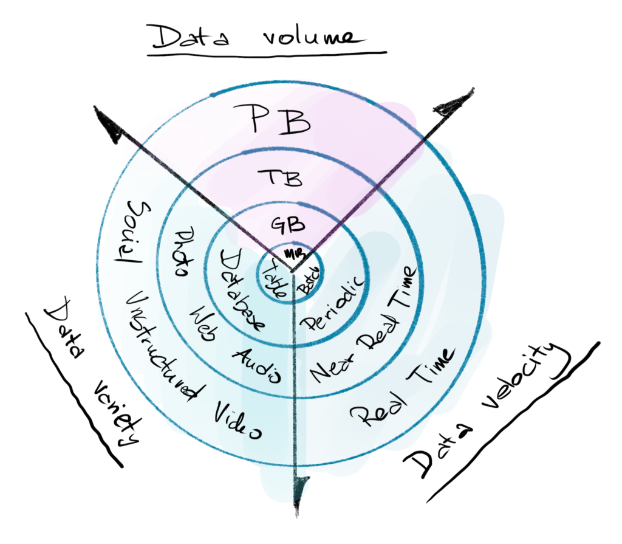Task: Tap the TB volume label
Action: coord(280,177)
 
